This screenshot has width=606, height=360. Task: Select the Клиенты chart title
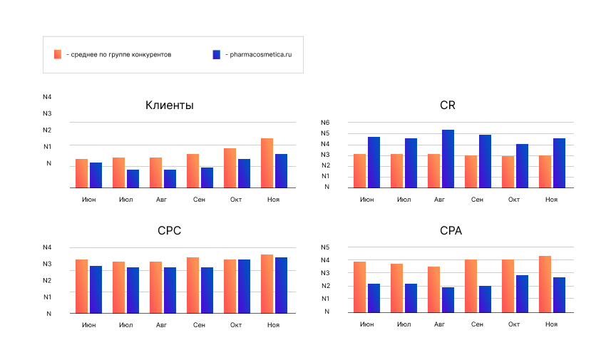tap(170, 106)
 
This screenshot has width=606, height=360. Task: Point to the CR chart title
tap(448, 106)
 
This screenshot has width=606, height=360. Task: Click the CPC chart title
tap(170, 231)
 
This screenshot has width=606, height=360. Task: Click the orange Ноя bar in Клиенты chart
tap(267, 163)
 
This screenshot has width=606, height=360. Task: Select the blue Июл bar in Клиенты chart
tap(133, 179)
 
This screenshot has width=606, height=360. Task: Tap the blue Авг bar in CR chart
tap(448, 159)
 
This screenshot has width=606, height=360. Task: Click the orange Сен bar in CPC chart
tap(192, 285)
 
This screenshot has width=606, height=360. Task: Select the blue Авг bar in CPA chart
tap(448, 299)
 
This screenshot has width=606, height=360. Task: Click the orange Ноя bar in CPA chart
tap(545, 284)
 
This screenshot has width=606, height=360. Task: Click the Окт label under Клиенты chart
tap(236, 200)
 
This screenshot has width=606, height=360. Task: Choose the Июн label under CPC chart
tap(89, 325)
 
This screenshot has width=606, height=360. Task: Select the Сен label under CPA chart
tap(477, 324)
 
